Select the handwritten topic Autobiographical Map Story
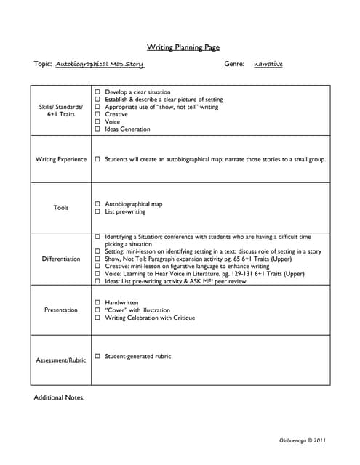[100, 65]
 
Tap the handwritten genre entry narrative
[268, 65]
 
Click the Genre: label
[234, 65]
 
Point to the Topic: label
[43, 65]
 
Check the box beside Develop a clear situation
[97, 93]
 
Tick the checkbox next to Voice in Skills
[97, 122]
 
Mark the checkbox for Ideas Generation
[97, 129]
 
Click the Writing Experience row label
[61, 159]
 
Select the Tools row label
[61, 208]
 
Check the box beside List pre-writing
[97, 212]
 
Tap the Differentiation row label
[61, 259]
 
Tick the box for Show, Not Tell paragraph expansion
[97, 259]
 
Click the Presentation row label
[61, 310]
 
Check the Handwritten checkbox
[97, 302]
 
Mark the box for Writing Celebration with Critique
[97, 318]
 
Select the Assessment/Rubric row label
[61, 360]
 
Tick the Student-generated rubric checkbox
[97, 357]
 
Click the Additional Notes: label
[60, 398]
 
